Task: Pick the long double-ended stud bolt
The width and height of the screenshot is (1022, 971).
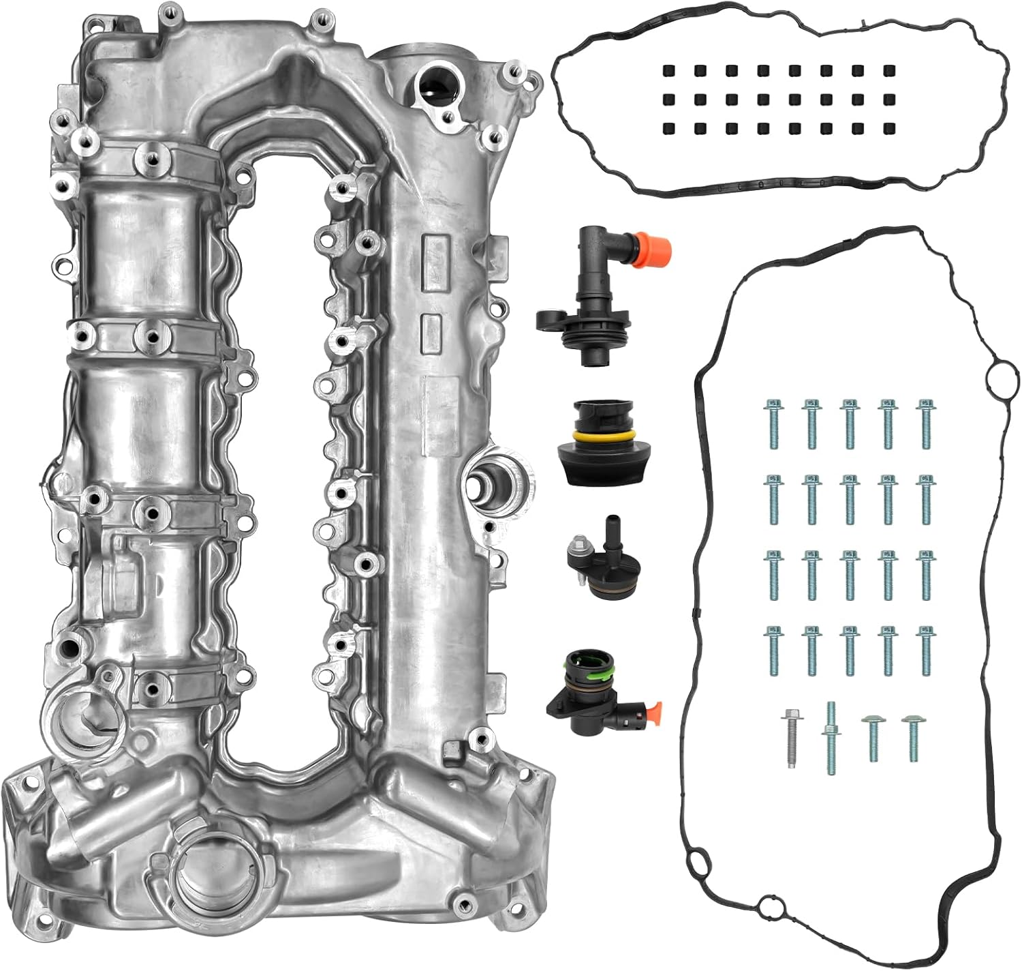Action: (830, 737)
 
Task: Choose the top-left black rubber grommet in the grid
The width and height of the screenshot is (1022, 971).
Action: (666, 71)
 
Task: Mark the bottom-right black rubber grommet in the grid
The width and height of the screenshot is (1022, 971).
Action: (888, 128)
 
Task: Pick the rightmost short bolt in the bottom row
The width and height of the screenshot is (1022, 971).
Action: (910, 737)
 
